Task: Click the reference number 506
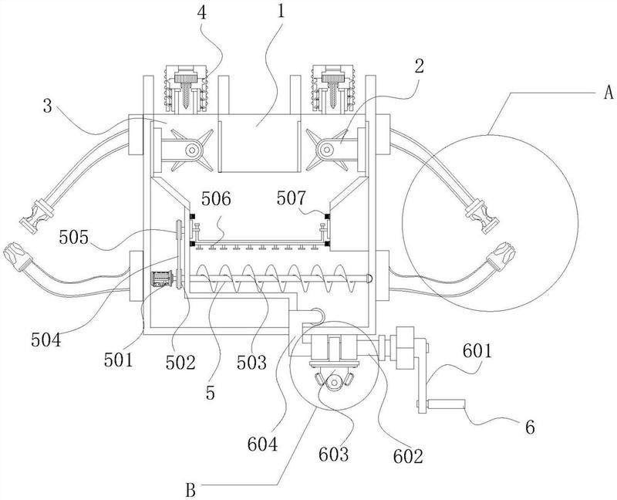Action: (x=217, y=199)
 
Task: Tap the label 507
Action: (x=292, y=199)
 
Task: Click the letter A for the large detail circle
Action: (x=607, y=93)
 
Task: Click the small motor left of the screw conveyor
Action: (x=161, y=280)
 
